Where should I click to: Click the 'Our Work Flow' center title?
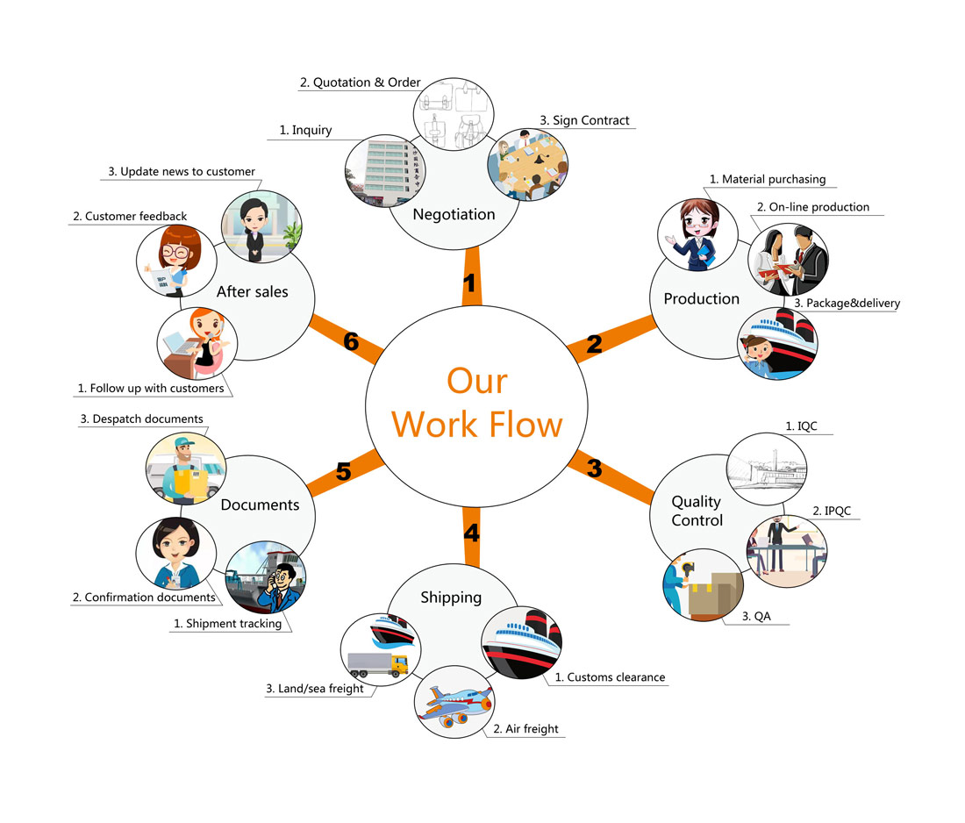pyautogui.click(x=476, y=403)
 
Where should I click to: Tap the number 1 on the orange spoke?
pyautogui.click(x=470, y=283)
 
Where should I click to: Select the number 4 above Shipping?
pyautogui.click(x=471, y=533)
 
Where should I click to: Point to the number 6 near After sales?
pyautogui.click(x=351, y=341)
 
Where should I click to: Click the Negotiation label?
pyautogui.click(x=454, y=214)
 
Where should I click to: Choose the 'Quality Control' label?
pyautogui.click(x=697, y=511)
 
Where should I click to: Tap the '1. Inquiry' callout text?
pyautogui.click(x=305, y=130)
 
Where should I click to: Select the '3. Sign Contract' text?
pyautogui.click(x=584, y=120)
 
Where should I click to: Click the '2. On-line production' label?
pyautogui.click(x=812, y=207)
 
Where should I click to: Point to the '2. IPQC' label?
pyautogui.click(x=832, y=511)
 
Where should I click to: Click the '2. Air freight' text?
pyautogui.click(x=525, y=728)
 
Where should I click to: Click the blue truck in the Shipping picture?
pyautogui.click(x=377, y=663)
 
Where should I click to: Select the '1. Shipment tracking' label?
pyautogui.click(x=227, y=624)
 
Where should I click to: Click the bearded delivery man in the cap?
pyautogui.click(x=185, y=469)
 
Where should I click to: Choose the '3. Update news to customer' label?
pyautogui.click(x=182, y=172)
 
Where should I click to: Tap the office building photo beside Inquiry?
pyautogui.click(x=384, y=171)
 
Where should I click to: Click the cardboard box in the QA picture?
pyautogui.click(x=712, y=595)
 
